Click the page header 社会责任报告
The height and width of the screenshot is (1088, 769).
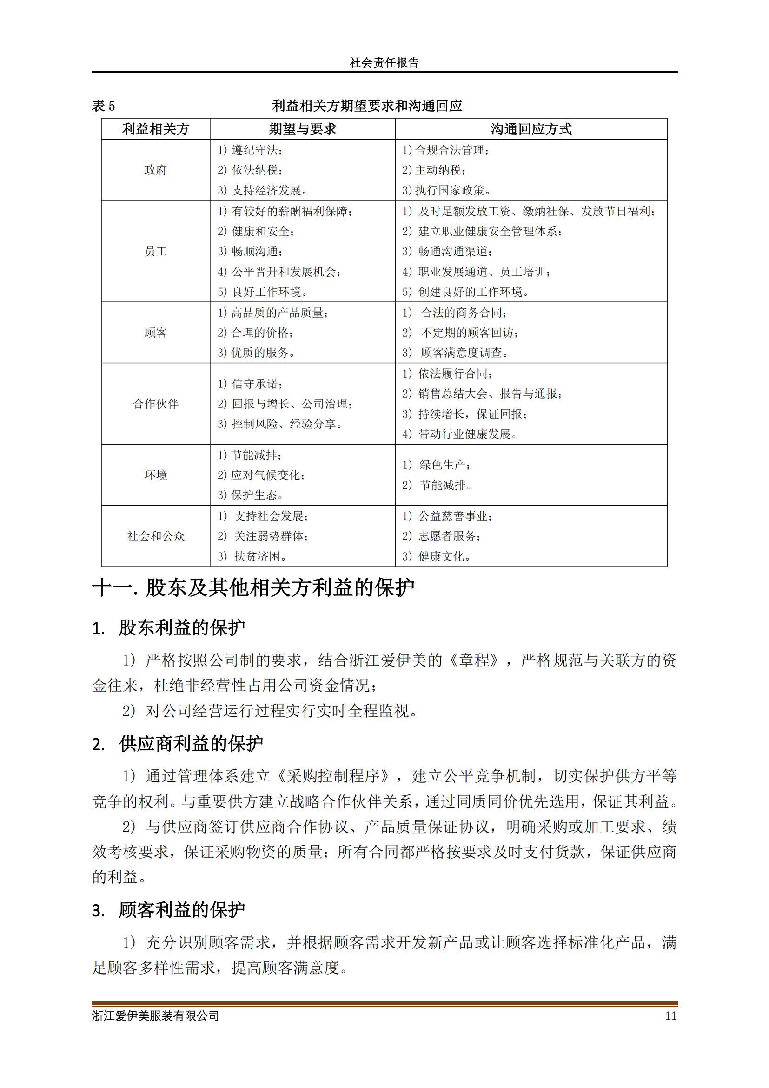(384, 62)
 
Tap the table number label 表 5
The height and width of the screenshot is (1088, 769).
(103, 106)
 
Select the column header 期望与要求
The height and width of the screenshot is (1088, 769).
(303, 129)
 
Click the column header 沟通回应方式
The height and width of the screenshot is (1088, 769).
(531, 129)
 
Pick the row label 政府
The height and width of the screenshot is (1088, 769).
(156, 170)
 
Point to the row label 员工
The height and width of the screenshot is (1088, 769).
(156, 251)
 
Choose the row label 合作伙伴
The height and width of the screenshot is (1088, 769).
(156, 404)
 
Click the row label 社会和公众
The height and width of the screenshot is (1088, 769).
(156, 536)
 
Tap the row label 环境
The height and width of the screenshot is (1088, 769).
(156, 475)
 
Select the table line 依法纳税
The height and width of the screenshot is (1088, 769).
(251, 170)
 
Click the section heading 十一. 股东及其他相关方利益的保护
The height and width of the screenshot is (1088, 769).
(253, 588)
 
